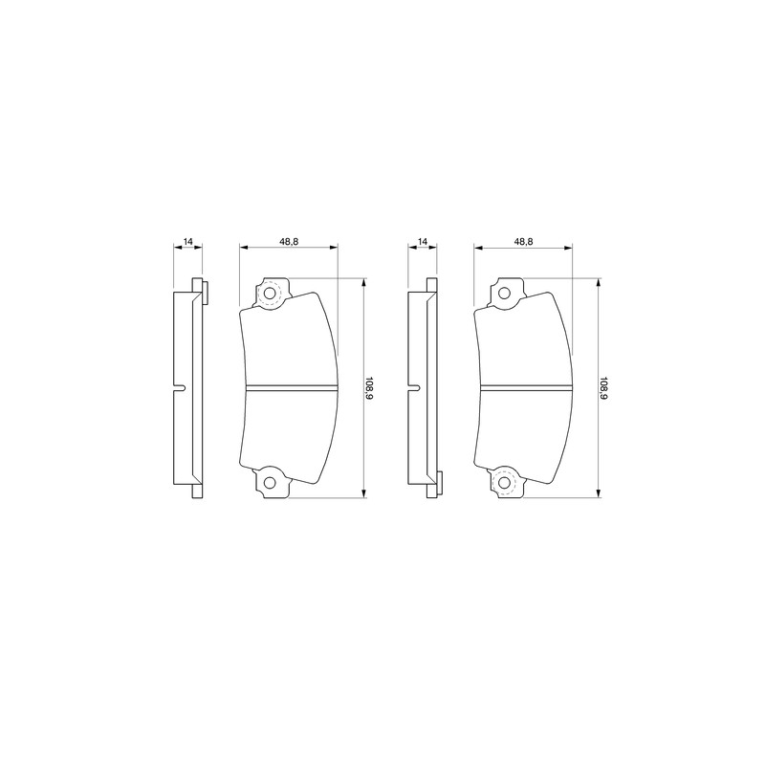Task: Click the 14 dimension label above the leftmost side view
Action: point(187,241)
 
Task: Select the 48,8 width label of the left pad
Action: point(289,241)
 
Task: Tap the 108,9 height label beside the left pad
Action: point(369,388)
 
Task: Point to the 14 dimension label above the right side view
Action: point(423,241)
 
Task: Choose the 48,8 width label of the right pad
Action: point(523,241)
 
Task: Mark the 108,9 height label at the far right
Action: point(604,388)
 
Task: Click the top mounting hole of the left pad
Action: point(270,294)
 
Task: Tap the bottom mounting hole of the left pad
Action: point(270,483)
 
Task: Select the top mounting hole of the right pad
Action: point(504,294)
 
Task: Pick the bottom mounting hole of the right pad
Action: point(504,483)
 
